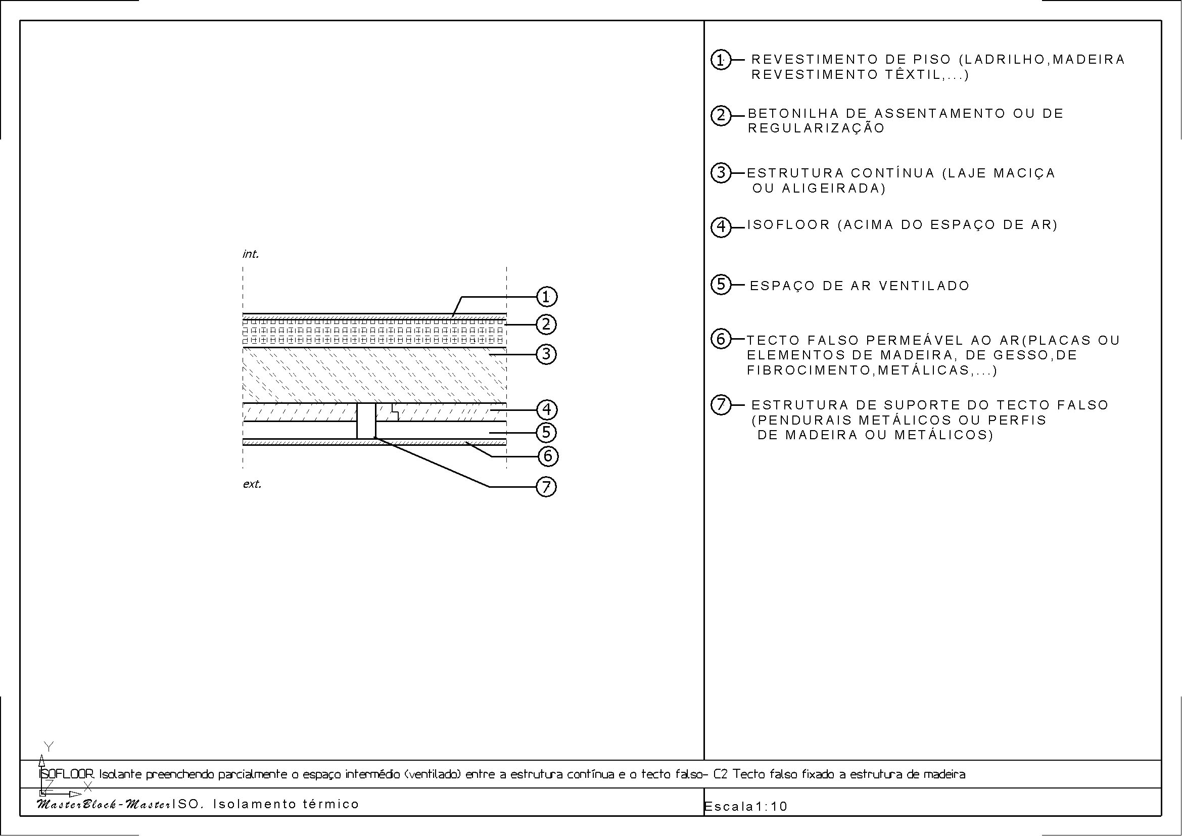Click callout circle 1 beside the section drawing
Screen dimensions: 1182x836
click(x=547, y=297)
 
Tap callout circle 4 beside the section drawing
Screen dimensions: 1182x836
click(x=547, y=410)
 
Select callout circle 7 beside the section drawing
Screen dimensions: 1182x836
click(x=547, y=486)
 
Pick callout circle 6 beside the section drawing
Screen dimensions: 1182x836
click(x=547, y=455)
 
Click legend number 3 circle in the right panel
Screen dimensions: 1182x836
click(x=721, y=172)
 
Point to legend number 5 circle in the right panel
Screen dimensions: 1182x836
click(x=721, y=284)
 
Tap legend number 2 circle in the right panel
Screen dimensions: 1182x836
click(x=721, y=115)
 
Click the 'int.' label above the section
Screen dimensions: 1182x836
click(x=251, y=254)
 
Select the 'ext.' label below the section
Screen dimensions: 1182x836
click(x=252, y=484)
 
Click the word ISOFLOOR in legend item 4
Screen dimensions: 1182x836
click(x=789, y=225)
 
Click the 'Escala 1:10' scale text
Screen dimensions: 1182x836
click(x=745, y=806)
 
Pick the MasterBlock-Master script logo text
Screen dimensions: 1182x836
click(x=104, y=804)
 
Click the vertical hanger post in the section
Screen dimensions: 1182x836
click(x=366, y=421)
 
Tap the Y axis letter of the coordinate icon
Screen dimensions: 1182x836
click(x=49, y=746)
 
